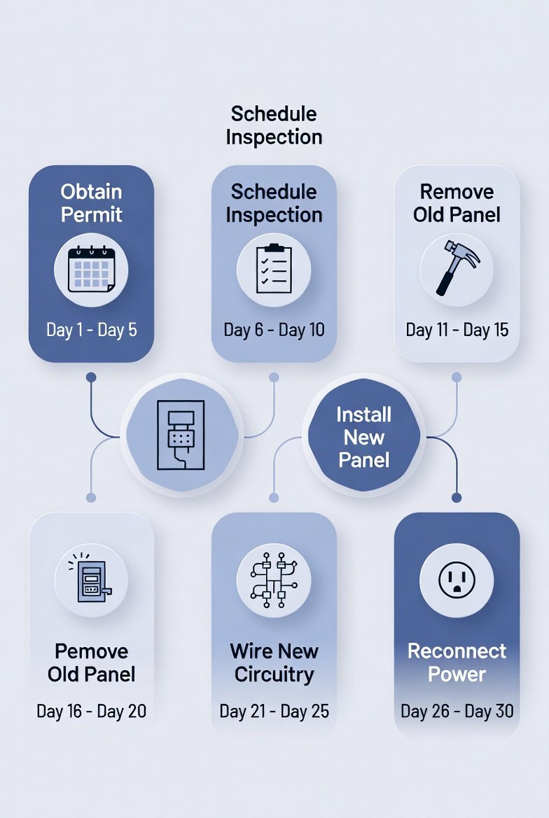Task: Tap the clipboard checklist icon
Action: pyautogui.click(x=274, y=269)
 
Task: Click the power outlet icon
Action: pyautogui.click(x=457, y=581)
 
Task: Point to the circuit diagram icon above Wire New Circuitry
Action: pyautogui.click(x=274, y=581)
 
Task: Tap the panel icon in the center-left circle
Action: pyautogui.click(x=181, y=435)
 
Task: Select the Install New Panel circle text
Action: pyautogui.click(x=364, y=437)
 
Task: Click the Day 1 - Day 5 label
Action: pyautogui.click(x=91, y=330)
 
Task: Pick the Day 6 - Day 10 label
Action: pyautogui.click(x=274, y=330)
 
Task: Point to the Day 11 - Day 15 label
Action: pyautogui.click(x=457, y=330)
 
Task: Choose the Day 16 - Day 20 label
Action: pyautogui.click(x=91, y=712)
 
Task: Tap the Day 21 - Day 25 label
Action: pyautogui.click(x=274, y=712)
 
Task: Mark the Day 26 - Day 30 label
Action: pyautogui.click(x=457, y=712)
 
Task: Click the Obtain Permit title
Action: pyautogui.click(x=91, y=203)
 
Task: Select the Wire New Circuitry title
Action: pyautogui.click(x=274, y=663)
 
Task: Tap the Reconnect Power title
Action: pyautogui.click(x=457, y=663)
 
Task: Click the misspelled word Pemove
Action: pyautogui.click(x=91, y=651)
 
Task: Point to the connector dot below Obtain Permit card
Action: pyautogui.click(x=90, y=377)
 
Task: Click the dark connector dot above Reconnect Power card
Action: pyautogui.click(x=457, y=497)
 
